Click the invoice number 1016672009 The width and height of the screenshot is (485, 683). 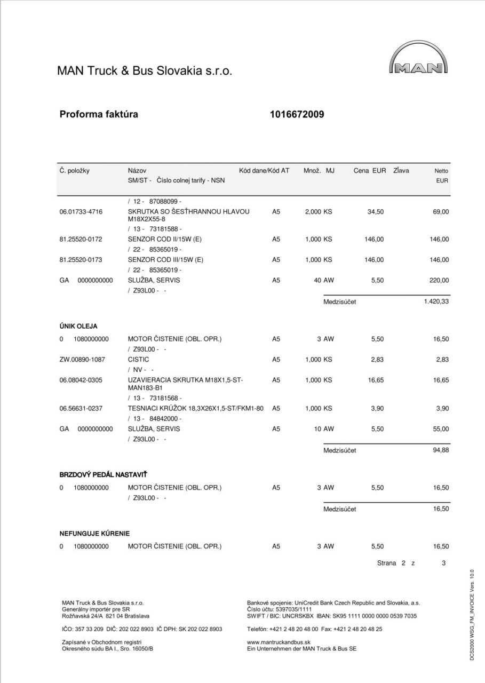[297, 114]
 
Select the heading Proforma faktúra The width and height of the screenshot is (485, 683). [99, 114]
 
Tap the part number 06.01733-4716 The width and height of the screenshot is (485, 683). [81, 212]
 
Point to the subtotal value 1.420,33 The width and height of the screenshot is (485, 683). [436, 302]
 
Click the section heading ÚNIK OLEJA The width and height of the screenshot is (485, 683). [78, 326]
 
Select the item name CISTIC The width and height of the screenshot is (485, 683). [138, 360]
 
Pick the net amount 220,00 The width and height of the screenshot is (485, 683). [439, 280]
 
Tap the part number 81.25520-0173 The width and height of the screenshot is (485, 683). [81, 260]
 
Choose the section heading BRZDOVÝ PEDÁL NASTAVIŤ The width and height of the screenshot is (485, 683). [103, 474]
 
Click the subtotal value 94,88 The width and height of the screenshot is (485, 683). [441, 450]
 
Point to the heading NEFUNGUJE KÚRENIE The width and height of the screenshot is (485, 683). [94, 533]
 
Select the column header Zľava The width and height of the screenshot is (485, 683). [401, 171]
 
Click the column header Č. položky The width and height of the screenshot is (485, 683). [75, 171]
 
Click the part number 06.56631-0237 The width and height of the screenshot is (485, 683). [81, 408]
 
